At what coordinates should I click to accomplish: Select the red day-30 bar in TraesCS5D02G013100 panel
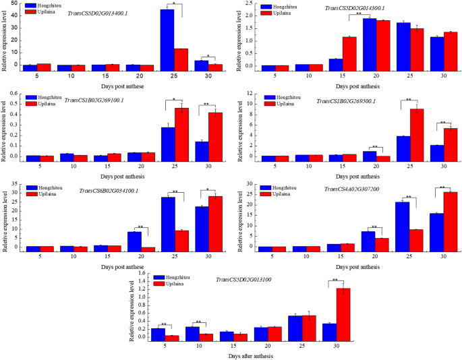(343, 314)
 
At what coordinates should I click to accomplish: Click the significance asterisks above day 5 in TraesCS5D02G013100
(164, 325)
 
